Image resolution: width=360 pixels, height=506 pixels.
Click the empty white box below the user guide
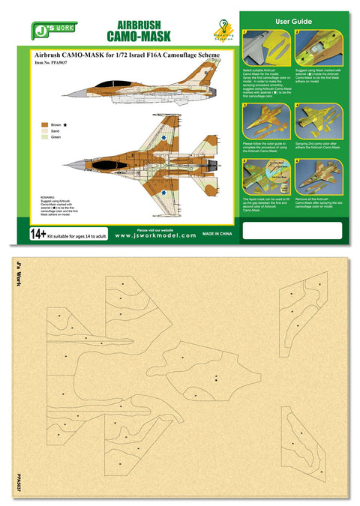point(292,229)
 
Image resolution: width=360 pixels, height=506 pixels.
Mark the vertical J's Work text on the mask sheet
point(19,276)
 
